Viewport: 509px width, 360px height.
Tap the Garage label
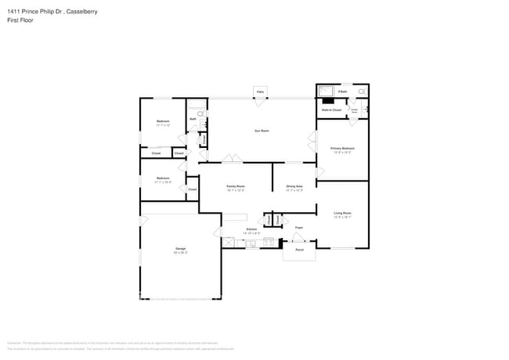180,249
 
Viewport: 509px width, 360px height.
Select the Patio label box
260,92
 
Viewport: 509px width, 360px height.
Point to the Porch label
299,250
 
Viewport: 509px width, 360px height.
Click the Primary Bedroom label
343,148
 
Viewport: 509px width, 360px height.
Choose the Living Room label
342,213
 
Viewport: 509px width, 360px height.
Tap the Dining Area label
294,186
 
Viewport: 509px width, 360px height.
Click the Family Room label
236,186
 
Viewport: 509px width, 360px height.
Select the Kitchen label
229,229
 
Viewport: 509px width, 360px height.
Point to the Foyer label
298,228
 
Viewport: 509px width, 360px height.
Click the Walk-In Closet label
331,110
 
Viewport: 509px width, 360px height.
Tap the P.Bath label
342,92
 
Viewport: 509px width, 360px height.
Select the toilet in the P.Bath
362,92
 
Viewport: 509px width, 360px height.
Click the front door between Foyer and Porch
298,237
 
